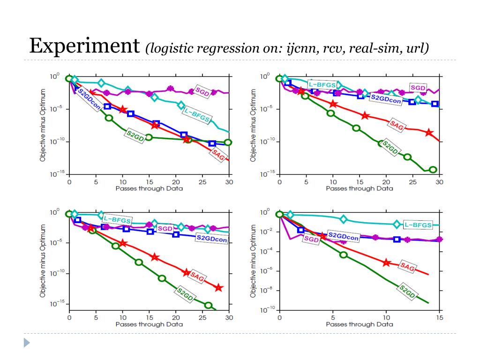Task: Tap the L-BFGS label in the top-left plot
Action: click(197, 114)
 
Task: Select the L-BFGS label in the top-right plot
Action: click(322, 84)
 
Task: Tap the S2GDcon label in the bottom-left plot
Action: click(212, 239)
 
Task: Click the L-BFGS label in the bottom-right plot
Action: click(417, 225)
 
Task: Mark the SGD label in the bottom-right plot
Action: click(311, 239)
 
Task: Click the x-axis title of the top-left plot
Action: click(149, 188)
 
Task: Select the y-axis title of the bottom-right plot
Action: click(253, 261)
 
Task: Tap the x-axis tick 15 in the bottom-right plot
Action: click(439, 317)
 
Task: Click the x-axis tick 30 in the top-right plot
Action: click(439, 181)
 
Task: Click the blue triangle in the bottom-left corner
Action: click(27, 343)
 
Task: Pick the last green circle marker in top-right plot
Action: click(433, 169)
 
